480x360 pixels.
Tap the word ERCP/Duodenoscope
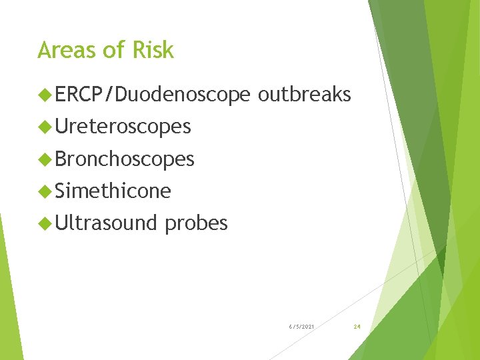click(x=153, y=95)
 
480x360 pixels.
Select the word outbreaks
click(x=304, y=95)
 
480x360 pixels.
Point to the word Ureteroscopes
click(x=123, y=126)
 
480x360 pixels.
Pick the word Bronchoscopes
click(x=125, y=159)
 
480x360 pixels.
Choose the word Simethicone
click(x=113, y=191)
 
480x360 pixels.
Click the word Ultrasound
click(x=106, y=223)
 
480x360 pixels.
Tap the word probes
click(x=196, y=224)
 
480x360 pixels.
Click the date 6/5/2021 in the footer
click(x=302, y=327)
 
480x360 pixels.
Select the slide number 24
click(x=357, y=327)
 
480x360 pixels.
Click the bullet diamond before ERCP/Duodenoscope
click(x=45, y=95)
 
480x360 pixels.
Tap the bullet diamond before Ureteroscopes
click(x=45, y=127)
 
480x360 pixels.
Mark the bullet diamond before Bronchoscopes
click(x=45, y=159)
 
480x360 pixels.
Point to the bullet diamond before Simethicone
click(x=45, y=192)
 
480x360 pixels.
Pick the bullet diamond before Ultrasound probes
click(x=45, y=224)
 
